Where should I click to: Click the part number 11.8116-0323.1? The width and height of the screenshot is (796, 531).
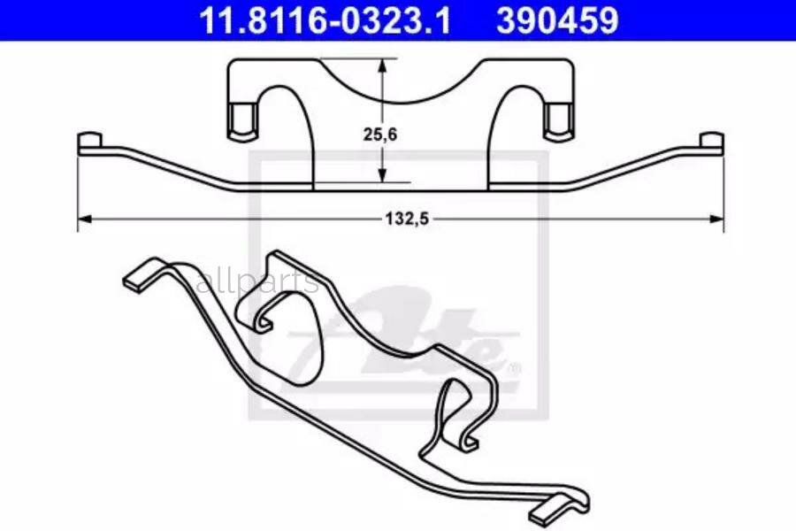325,19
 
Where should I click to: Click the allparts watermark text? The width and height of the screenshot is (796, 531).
257,283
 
